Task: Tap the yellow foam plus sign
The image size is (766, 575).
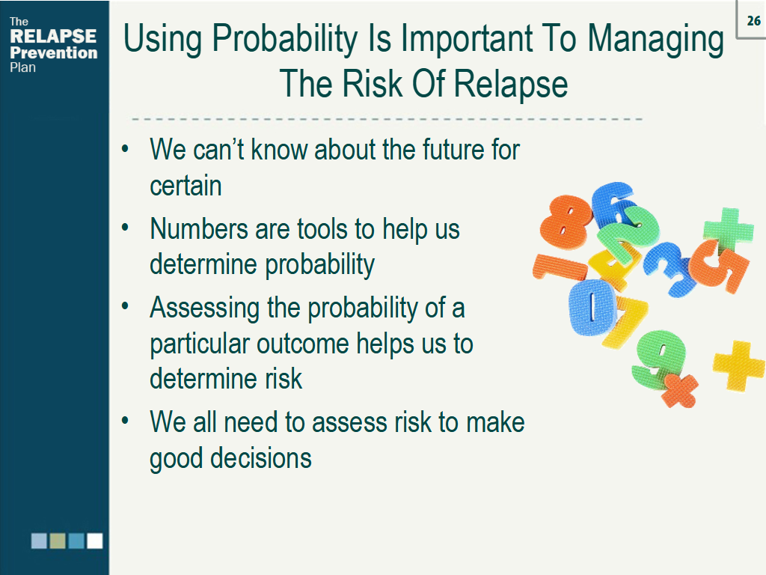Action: pyautogui.click(x=738, y=366)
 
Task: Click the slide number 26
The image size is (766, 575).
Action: pyautogui.click(x=753, y=21)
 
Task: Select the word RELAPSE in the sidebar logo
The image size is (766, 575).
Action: pyautogui.click(x=53, y=37)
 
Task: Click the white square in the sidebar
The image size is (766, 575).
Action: pyautogui.click(x=94, y=541)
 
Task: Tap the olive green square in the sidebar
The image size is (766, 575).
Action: pyautogui.click(x=58, y=541)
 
